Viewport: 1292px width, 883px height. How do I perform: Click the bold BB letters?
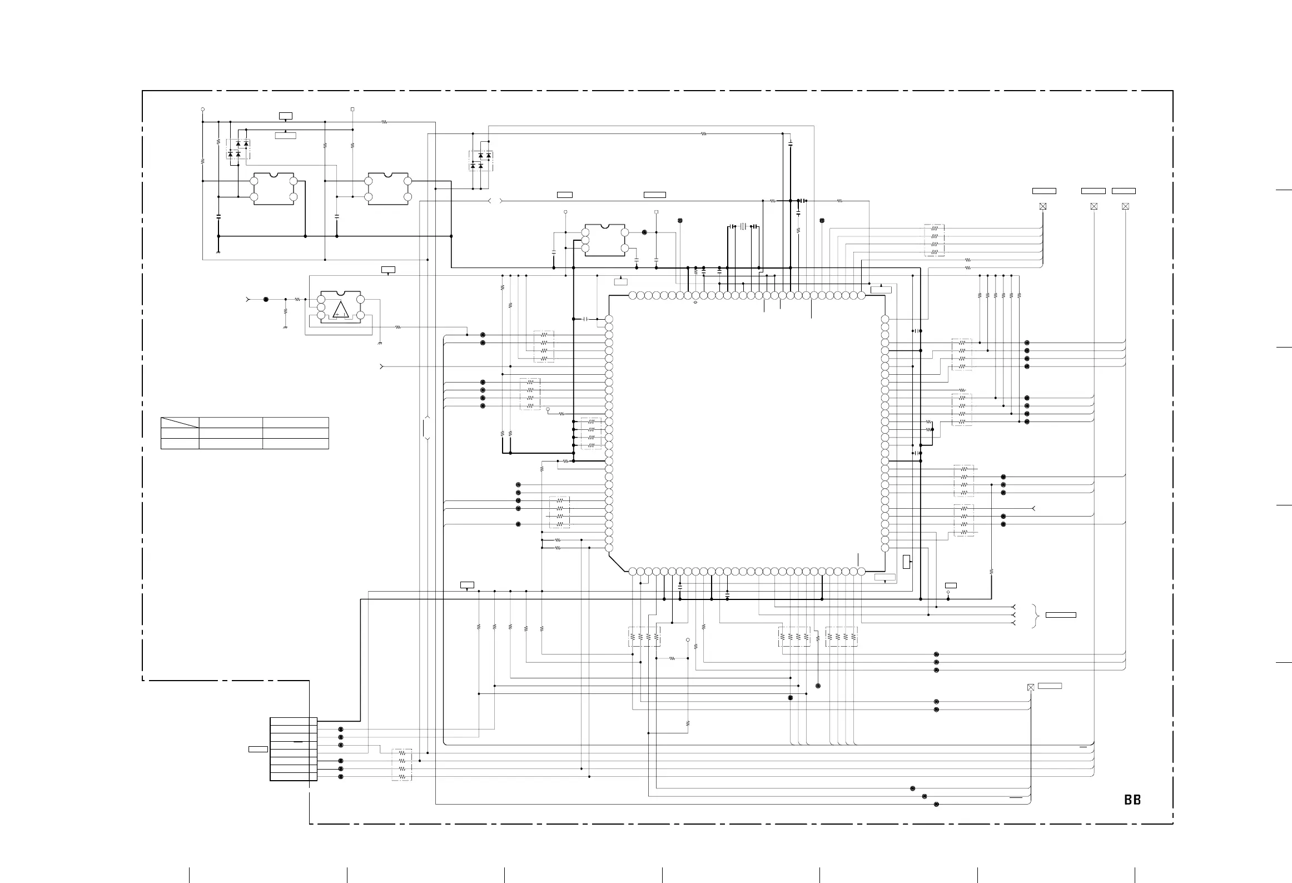coord(1132,800)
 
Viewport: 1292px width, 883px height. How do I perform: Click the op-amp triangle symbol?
coord(340,309)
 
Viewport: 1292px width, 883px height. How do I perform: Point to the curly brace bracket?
coord(1036,616)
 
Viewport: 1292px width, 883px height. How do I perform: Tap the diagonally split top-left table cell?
coord(180,423)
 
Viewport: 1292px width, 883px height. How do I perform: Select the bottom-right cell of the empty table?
coord(295,444)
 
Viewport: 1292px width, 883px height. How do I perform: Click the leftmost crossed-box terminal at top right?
coord(1043,206)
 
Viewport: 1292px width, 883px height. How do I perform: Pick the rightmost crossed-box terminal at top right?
coord(1126,206)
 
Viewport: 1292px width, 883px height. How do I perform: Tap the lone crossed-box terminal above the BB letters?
coord(1031,687)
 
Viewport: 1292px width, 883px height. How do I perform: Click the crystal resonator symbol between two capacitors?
coord(743,226)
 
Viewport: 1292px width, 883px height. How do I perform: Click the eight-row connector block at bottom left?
coord(293,749)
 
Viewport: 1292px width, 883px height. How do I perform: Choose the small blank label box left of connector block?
coord(258,750)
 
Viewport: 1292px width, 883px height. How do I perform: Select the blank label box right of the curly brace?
coord(1061,615)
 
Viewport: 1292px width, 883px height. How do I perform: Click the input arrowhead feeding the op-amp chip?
coord(248,299)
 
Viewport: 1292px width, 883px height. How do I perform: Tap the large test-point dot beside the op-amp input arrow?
coord(266,299)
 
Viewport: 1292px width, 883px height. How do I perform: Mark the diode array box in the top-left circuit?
coord(238,149)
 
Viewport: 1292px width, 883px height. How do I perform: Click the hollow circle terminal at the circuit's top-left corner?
coord(202,110)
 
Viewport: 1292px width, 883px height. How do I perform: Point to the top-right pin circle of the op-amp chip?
coord(360,300)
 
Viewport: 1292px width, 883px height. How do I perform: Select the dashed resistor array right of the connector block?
coord(402,765)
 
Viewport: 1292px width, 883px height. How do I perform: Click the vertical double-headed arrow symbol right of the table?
coord(427,428)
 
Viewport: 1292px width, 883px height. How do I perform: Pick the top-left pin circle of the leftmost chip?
coord(254,181)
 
